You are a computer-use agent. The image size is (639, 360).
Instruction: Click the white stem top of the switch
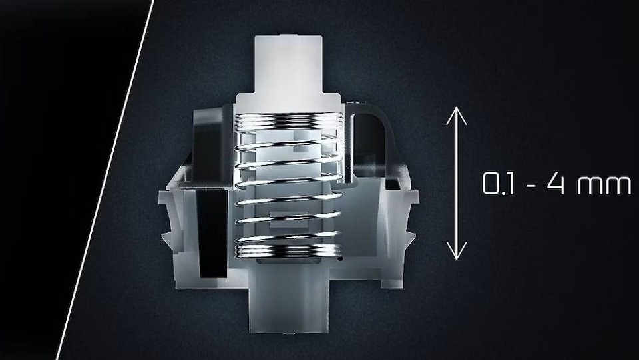(x=289, y=65)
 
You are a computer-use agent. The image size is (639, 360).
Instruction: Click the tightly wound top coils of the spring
(x=288, y=122)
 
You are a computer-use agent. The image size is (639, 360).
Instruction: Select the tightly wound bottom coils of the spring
(x=288, y=250)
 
